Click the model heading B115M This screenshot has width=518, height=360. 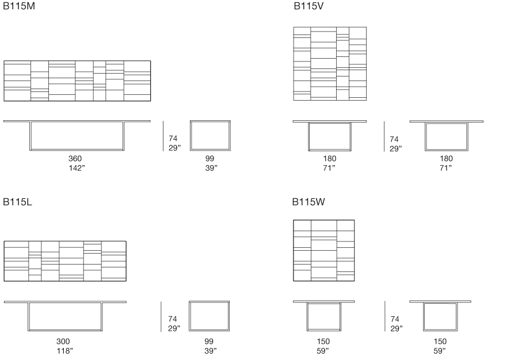[x=19, y=6]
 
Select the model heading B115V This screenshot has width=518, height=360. [x=308, y=6]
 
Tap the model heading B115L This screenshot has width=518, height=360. [x=17, y=202]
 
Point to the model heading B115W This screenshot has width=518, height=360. [x=308, y=202]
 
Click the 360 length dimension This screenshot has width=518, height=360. [x=75, y=159]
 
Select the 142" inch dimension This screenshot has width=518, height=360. [x=77, y=168]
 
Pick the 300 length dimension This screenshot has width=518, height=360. [x=63, y=342]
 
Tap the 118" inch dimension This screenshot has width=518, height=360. [x=64, y=351]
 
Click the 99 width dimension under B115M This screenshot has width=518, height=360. [x=210, y=159]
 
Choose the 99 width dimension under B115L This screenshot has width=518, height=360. [x=209, y=342]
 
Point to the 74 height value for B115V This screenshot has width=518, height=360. [x=394, y=139]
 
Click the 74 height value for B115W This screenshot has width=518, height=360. [x=395, y=319]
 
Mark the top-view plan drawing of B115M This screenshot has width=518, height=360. [x=77, y=81]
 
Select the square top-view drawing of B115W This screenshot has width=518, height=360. [x=323, y=251]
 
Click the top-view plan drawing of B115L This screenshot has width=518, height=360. [x=65, y=261]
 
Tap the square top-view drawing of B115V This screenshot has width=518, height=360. [x=330, y=64]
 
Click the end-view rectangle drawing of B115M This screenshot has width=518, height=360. [x=210, y=136]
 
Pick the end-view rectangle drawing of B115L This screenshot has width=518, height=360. [x=209, y=316]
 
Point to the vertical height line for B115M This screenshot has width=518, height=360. [x=163, y=136]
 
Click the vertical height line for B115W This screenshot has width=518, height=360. [x=385, y=316]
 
